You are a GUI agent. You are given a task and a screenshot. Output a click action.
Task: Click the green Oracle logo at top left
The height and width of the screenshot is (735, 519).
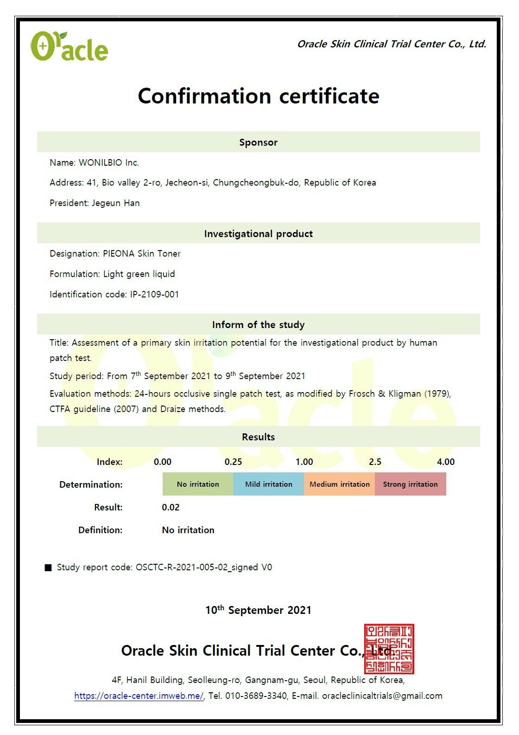(69, 46)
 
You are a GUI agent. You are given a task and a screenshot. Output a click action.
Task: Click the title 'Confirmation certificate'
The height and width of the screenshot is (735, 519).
(259, 96)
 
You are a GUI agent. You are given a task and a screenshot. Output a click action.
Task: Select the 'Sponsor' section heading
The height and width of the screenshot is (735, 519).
(258, 142)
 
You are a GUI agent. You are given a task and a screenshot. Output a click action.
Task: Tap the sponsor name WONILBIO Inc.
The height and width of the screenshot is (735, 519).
(109, 163)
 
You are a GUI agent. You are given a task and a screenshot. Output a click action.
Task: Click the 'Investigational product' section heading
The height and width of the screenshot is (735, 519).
(258, 234)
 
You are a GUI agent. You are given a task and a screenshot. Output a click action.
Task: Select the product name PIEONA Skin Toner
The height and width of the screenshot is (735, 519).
(142, 254)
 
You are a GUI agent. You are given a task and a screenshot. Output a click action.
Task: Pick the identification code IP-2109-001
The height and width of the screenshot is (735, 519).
(154, 295)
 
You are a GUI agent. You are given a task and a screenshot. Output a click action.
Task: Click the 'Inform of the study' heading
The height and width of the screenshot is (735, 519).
(258, 325)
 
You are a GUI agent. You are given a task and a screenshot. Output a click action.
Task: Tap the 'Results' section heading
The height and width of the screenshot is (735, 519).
(258, 437)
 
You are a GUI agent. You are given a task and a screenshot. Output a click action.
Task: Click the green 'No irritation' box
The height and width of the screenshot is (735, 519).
(198, 484)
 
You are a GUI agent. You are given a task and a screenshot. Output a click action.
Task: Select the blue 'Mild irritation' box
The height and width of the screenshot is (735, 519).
(269, 484)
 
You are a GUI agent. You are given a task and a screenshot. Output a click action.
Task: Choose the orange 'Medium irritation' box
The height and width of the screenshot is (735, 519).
(340, 484)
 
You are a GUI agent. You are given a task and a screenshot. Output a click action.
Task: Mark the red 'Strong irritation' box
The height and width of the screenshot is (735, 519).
(410, 484)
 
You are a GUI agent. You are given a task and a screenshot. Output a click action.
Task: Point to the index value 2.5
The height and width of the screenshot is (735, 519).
(375, 462)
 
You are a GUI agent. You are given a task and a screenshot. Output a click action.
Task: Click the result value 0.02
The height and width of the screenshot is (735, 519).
(171, 508)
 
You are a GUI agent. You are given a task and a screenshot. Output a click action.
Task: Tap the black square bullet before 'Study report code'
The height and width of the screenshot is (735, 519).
(48, 568)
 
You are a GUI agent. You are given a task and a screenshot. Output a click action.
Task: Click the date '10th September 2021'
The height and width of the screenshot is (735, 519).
(258, 610)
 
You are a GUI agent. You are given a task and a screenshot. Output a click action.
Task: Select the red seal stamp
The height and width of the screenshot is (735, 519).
(389, 649)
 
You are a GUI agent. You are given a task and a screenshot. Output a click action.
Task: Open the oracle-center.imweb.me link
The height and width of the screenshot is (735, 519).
(139, 696)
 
